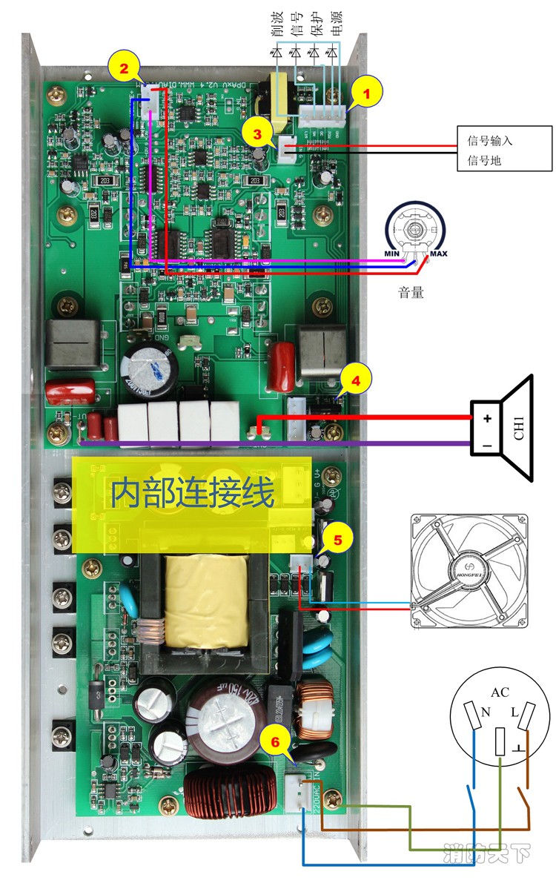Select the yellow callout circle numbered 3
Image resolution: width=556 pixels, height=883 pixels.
coord(257,135)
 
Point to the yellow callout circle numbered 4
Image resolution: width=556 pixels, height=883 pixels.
coord(356,381)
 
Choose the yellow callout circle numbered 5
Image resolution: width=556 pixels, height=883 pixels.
coord(338,540)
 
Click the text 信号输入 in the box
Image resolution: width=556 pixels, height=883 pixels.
coord(490,141)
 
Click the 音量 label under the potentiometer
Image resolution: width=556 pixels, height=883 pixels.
coord(411,292)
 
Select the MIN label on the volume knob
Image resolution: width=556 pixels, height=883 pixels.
coord(391,254)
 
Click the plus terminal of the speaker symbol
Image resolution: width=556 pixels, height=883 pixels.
coord(487,418)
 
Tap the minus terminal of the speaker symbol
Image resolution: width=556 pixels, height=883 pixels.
coord(487,445)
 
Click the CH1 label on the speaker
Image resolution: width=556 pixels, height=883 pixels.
coord(518,429)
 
